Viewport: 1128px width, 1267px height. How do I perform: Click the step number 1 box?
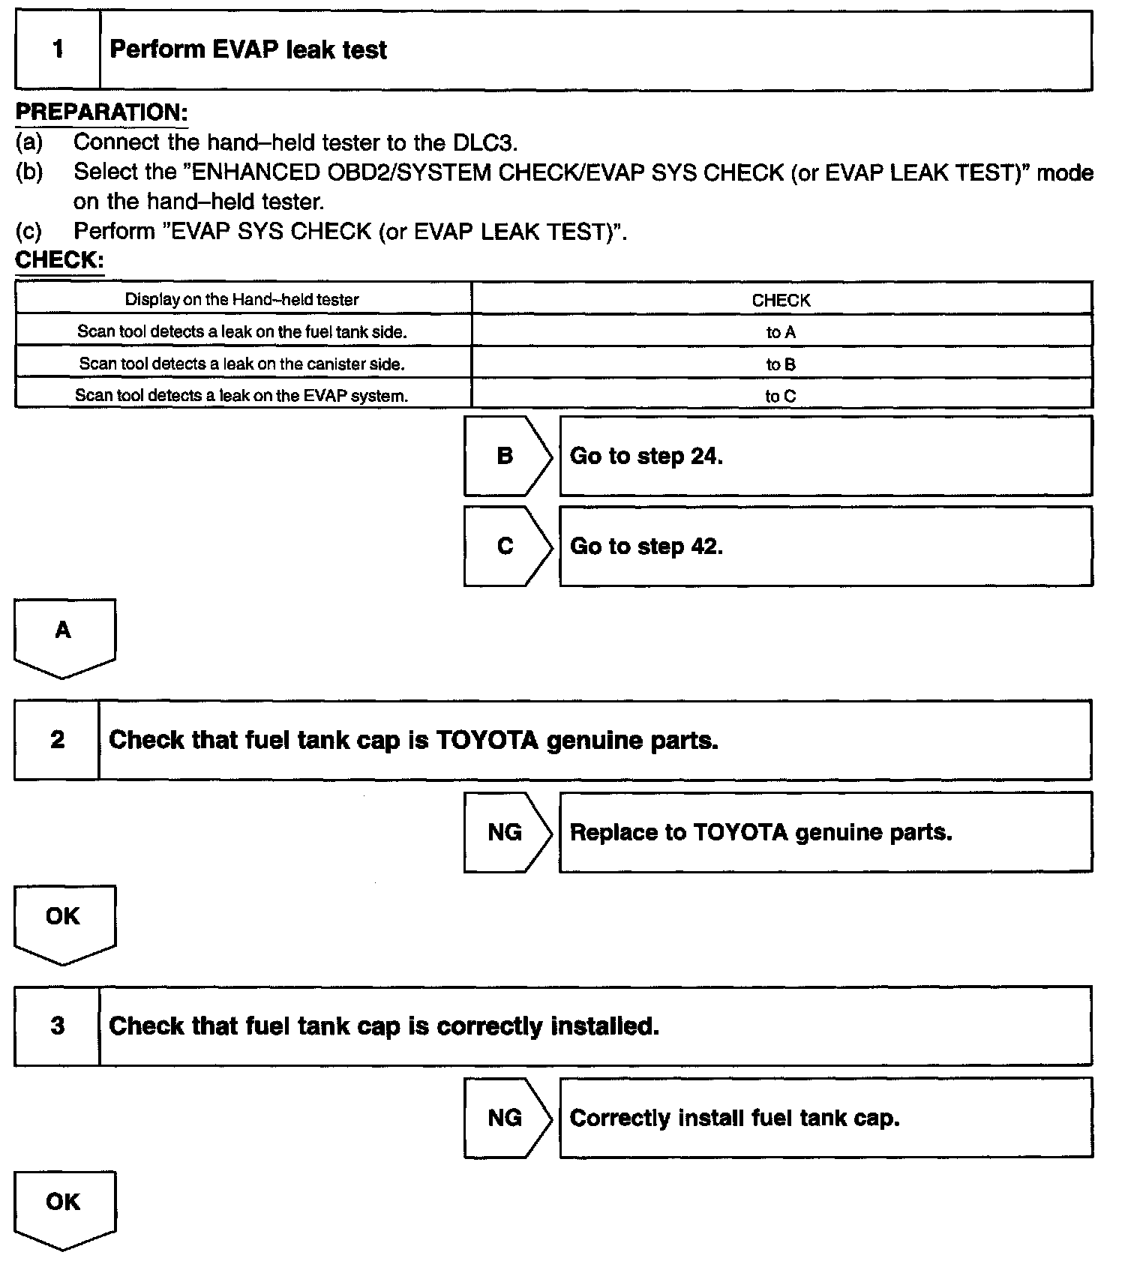click(58, 50)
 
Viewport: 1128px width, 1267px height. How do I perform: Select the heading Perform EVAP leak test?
click(248, 50)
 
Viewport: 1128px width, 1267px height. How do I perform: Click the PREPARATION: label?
click(101, 112)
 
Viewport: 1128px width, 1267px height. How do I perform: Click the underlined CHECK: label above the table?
click(59, 260)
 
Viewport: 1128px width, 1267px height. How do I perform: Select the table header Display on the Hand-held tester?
click(242, 300)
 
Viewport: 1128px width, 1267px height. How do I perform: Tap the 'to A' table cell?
click(781, 332)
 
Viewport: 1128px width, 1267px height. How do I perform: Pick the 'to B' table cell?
click(781, 364)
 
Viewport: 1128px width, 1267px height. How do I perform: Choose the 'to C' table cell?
click(781, 396)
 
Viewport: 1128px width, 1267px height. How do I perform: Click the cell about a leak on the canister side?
click(242, 364)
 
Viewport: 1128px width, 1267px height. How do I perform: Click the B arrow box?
click(506, 456)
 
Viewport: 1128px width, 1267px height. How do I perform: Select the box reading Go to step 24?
click(825, 456)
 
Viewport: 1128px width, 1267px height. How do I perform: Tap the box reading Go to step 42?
click(825, 547)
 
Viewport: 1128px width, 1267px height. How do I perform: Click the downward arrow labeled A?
click(64, 636)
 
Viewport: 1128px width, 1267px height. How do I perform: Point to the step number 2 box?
click(57, 740)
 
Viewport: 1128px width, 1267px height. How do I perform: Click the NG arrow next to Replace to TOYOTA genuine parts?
click(506, 832)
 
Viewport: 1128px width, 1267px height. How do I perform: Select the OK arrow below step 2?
click(64, 922)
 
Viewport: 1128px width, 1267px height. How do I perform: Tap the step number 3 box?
click(57, 1026)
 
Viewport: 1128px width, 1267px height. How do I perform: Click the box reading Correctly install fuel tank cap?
click(825, 1118)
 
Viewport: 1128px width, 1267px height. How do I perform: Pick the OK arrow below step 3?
click(64, 1208)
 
